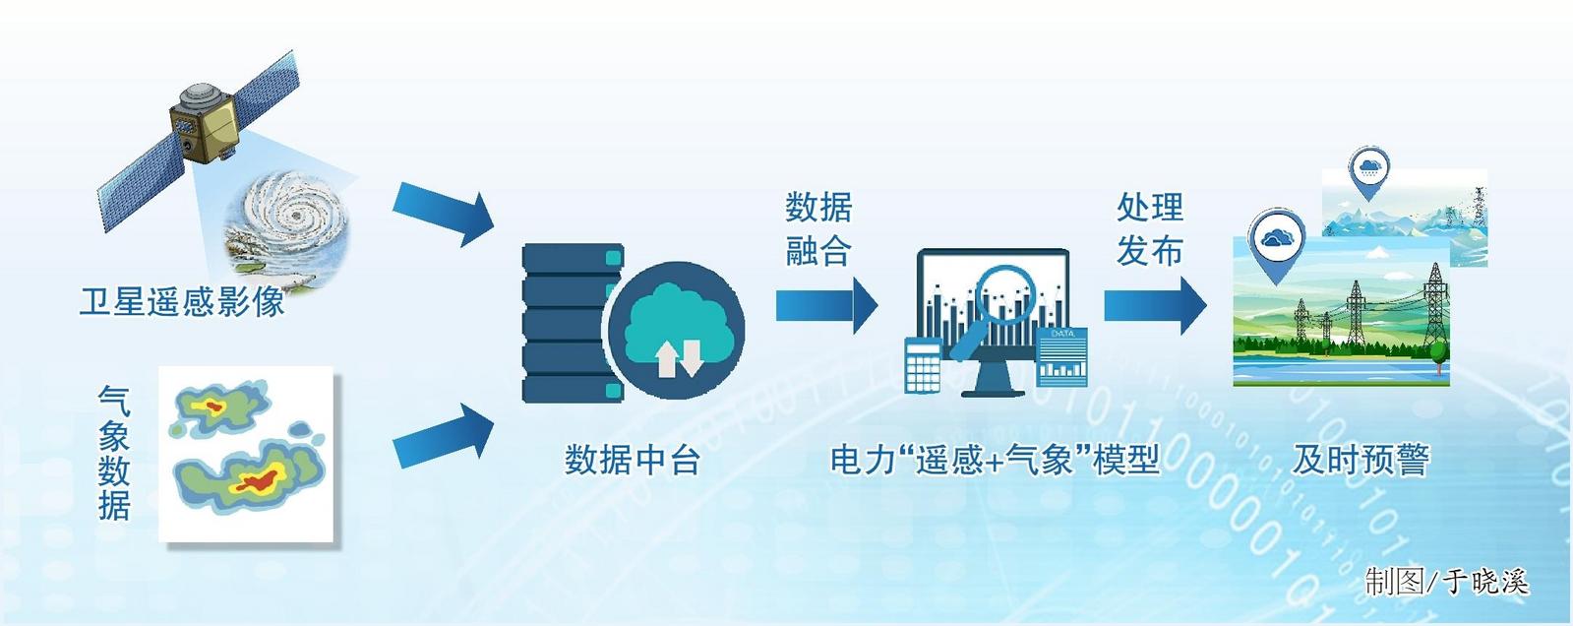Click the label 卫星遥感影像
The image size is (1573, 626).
pyautogui.click(x=183, y=302)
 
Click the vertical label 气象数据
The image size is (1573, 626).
pyautogui.click(x=114, y=453)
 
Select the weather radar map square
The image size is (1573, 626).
pyautogui.click(x=246, y=455)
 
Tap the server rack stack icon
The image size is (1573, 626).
pyautogui.click(x=573, y=323)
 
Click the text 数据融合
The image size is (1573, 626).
pyautogui.click(x=818, y=229)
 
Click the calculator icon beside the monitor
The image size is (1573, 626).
pyautogui.click(x=924, y=364)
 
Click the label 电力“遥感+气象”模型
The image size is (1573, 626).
pyautogui.click(x=995, y=461)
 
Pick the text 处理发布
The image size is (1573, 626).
pyautogui.click(x=1150, y=229)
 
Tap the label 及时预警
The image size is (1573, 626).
pyautogui.click(x=1361, y=461)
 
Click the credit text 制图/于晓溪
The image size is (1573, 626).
pyautogui.click(x=1447, y=582)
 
